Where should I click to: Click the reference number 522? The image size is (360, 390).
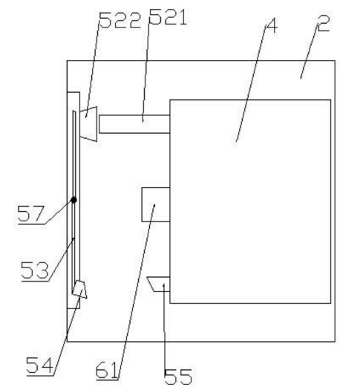(x=120, y=20)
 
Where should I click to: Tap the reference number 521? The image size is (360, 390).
(x=168, y=17)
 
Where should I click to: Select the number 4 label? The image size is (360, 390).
(x=272, y=25)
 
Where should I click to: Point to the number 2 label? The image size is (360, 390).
(x=324, y=23)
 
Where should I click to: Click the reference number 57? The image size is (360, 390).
(x=31, y=213)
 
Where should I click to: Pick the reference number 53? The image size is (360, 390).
(x=35, y=270)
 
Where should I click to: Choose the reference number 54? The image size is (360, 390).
(x=40, y=365)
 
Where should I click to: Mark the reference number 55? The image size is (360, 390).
(x=178, y=376)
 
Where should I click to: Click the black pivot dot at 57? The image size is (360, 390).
(x=73, y=200)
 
